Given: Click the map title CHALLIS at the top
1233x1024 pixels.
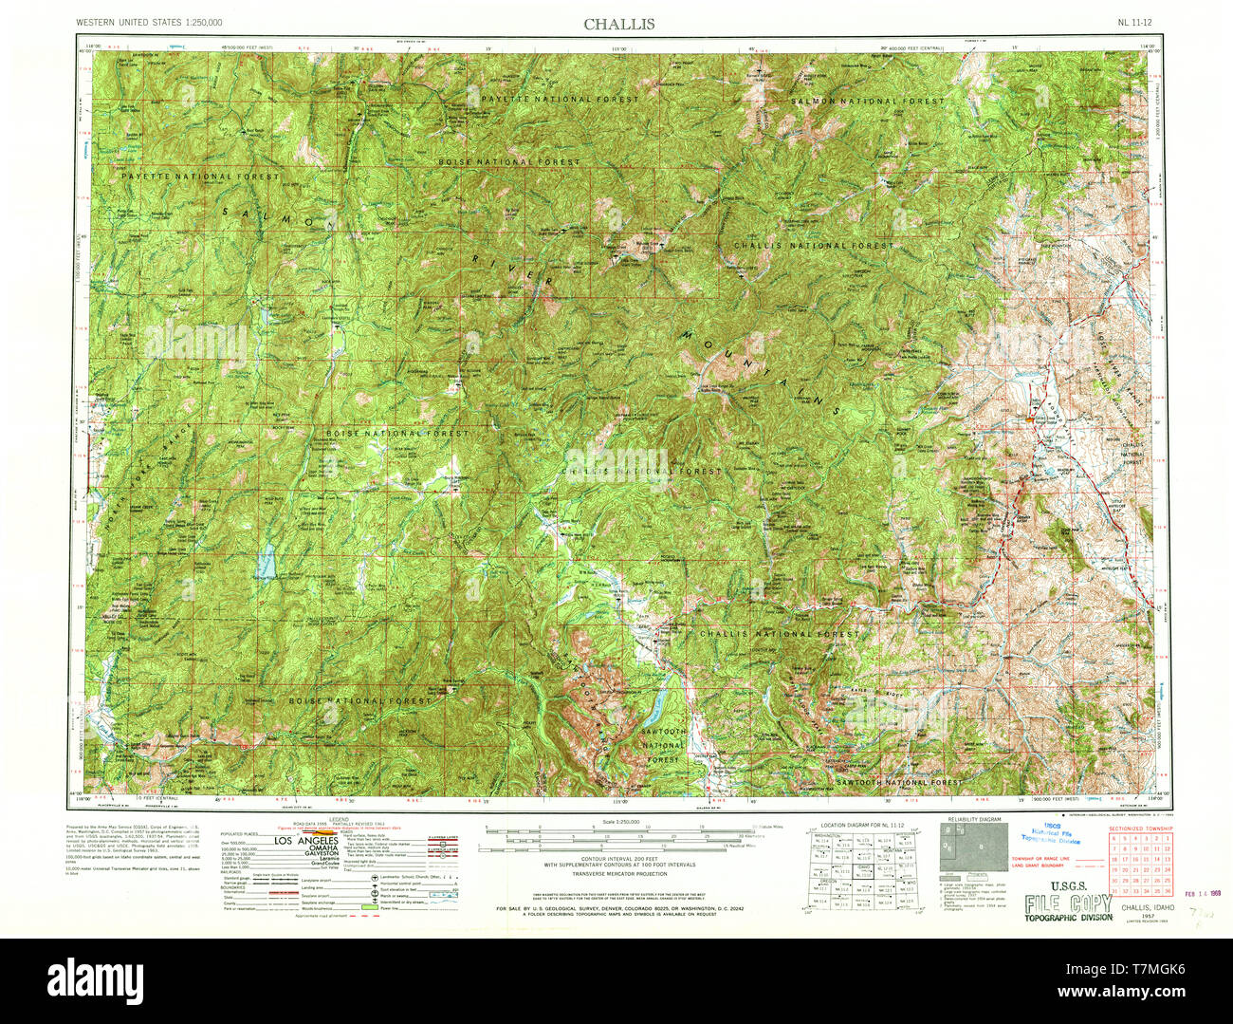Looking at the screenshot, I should coord(618,24).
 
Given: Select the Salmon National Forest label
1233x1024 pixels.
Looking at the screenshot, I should coord(868,101).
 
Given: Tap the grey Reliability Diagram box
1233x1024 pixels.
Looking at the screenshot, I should coord(974,847).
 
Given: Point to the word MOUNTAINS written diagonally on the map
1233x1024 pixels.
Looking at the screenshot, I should coord(759,372).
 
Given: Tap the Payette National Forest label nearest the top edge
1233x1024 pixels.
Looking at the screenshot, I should coord(560,99).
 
